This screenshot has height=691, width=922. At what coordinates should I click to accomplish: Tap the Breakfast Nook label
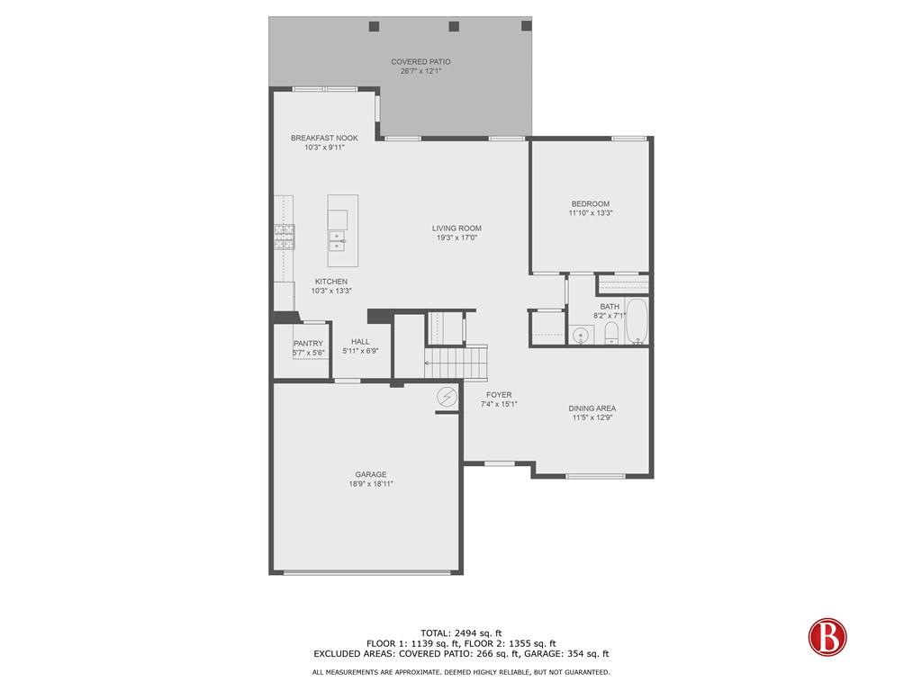tap(324, 138)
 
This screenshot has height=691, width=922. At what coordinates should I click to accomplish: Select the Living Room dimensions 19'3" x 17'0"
tap(456, 238)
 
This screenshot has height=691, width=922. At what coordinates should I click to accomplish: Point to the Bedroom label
tap(590, 203)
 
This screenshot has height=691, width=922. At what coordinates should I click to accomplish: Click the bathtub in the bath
tap(637, 322)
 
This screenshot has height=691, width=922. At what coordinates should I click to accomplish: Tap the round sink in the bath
tap(581, 336)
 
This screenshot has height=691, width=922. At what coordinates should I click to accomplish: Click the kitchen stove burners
tap(284, 237)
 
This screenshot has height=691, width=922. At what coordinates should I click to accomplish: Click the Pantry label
tap(308, 343)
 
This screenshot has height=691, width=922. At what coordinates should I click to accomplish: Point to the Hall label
tap(360, 341)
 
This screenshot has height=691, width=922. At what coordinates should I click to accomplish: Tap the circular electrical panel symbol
tap(447, 397)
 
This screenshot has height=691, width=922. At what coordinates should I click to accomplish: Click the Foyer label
tap(499, 394)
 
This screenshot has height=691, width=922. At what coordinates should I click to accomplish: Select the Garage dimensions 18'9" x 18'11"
tap(371, 483)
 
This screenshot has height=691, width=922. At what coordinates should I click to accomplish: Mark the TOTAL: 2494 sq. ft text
tap(461, 633)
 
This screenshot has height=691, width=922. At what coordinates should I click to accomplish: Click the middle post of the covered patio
tap(454, 26)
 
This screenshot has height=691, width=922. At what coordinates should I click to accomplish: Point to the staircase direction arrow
tap(429, 363)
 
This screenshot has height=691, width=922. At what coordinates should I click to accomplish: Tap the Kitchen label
tap(330, 281)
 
